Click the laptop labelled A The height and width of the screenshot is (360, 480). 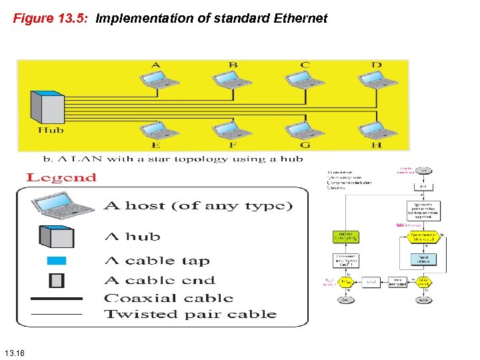tap(159, 79)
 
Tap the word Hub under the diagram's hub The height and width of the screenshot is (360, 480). tap(51, 131)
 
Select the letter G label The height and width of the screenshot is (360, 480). tap(305, 145)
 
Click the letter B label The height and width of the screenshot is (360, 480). tap(233, 65)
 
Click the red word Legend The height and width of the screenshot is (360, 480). tap(61, 177)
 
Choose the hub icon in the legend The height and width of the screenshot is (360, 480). tap(57, 236)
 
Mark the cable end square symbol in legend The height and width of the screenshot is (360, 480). tap(57, 280)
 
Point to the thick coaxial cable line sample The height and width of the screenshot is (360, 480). tap(57, 298)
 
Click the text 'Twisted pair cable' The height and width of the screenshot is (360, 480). tap(191, 314)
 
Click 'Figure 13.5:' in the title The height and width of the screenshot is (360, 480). tap(51, 19)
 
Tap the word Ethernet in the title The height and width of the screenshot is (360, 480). tap(300, 19)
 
